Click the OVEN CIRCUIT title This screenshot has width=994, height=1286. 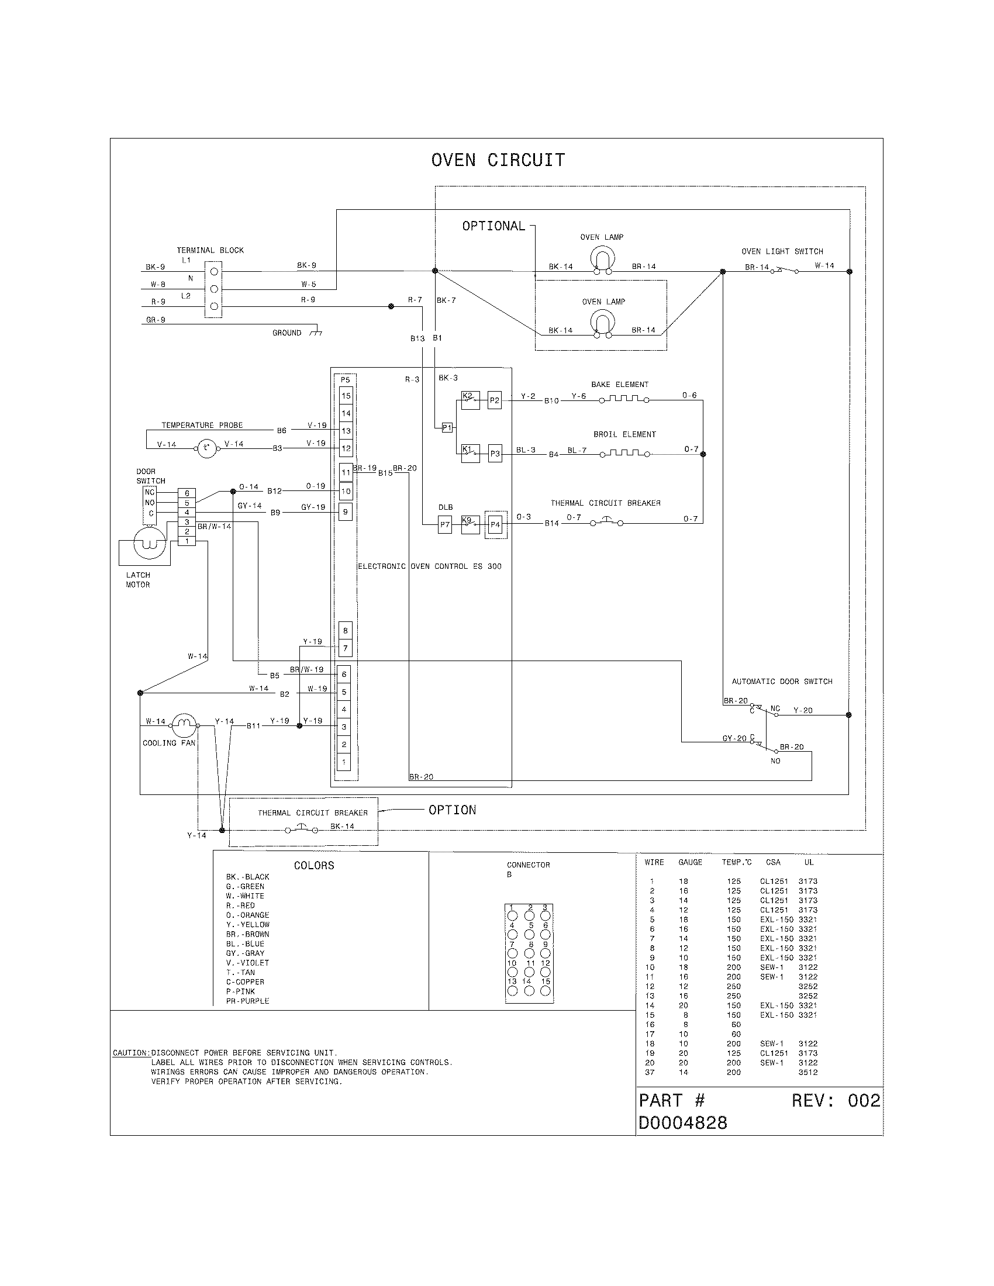click(x=498, y=160)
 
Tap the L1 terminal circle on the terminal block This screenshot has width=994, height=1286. click(x=215, y=271)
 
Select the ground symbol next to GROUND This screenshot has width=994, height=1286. click(x=317, y=333)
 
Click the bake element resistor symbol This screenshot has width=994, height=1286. click(x=624, y=399)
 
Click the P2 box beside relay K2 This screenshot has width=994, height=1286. click(x=495, y=400)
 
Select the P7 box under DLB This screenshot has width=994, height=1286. click(x=445, y=524)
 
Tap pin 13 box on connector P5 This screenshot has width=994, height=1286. click(x=346, y=431)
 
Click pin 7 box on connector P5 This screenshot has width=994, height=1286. click(x=346, y=648)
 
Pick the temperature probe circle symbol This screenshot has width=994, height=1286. click(x=206, y=449)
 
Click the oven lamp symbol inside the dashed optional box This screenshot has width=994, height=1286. click(x=602, y=324)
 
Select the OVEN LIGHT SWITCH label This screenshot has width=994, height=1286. click(x=782, y=251)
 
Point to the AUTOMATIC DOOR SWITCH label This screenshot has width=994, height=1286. click(x=781, y=681)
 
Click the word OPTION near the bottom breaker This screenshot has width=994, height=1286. click(x=452, y=810)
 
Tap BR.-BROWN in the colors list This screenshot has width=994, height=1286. click(x=247, y=934)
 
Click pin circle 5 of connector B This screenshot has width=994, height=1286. click(x=529, y=935)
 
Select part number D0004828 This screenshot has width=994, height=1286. click(x=682, y=1123)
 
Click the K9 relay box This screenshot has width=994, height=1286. click(x=470, y=524)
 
